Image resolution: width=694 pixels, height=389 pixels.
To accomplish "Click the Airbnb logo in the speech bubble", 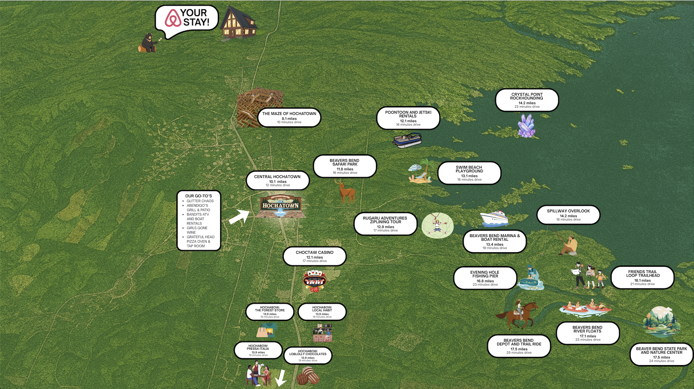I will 173,18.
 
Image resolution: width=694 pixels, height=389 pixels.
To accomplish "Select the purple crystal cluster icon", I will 526,126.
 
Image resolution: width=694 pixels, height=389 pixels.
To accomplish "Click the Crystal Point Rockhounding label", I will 527,100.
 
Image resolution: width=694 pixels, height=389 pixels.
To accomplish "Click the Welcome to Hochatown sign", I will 280,206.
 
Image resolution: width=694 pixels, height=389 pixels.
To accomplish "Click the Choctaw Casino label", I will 314,256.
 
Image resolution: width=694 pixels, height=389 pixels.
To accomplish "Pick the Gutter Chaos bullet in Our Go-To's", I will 200,201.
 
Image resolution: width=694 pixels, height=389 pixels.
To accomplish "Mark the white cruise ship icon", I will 494,219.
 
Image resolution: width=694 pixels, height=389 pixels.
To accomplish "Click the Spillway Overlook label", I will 568,215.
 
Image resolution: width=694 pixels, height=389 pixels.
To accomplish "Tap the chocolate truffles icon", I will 308,376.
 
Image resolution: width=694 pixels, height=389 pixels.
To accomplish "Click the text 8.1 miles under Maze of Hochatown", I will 289,119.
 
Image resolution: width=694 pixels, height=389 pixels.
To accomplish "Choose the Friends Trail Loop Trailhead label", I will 642,277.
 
